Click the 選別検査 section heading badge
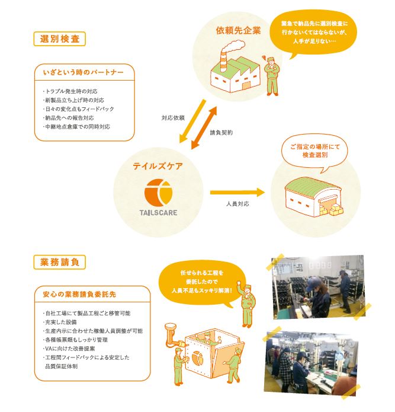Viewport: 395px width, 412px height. click(x=60, y=39)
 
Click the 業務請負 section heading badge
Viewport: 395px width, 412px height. click(x=60, y=262)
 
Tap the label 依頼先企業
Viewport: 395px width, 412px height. click(x=238, y=30)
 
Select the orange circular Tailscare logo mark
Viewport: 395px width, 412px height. click(x=158, y=192)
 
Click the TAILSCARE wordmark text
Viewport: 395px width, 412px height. click(x=158, y=213)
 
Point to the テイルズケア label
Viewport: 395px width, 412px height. click(x=158, y=166)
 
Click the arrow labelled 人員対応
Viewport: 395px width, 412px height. click(x=237, y=193)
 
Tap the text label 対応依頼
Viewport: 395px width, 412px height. click(x=173, y=118)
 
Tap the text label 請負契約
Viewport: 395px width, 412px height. click(x=221, y=133)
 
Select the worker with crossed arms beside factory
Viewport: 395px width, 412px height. click(x=272, y=76)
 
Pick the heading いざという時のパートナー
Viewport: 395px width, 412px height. click(x=83, y=72)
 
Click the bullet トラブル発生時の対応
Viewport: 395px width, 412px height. click(x=70, y=91)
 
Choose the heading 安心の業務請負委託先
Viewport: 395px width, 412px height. click(x=79, y=294)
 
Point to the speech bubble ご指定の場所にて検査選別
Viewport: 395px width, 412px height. click(x=314, y=152)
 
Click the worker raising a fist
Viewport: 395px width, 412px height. click(x=247, y=305)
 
